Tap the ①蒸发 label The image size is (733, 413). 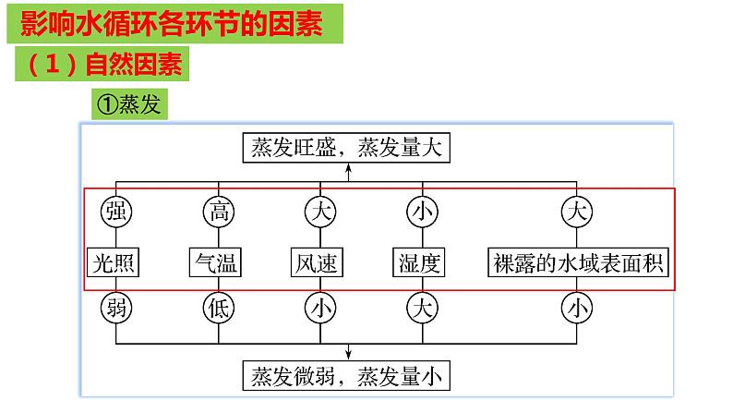pyautogui.click(x=129, y=103)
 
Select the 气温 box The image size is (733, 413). pyautogui.click(x=216, y=262)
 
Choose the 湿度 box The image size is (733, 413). pyautogui.click(x=420, y=262)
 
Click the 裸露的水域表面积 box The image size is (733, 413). pyautogui.click(x=577, y=262)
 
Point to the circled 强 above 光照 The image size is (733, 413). pyautogui.click(x=114, y=212)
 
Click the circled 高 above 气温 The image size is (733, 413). pyautogui.click(x=216, y=212)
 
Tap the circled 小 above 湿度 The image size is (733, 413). pyautogui.click(x=420, y=212)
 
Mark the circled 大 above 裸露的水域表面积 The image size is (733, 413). pyautogui.click(x=577, y=212)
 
